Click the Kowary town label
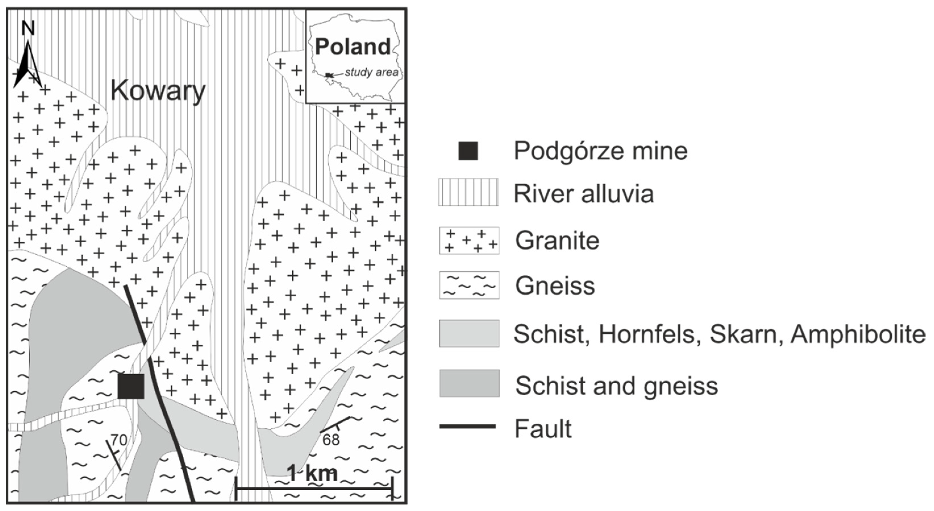[x=158, y=91]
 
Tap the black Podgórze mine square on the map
[x=131, y=386]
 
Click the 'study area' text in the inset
[x=371, y=72]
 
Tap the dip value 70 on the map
[x=119, y=440]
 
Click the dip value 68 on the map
[x=331, y=440]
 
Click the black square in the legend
[x=468, y=151]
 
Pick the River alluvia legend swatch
[x=468, y=192]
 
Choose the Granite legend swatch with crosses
[x=469, y=241]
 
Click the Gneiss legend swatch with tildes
[x=469, y=285]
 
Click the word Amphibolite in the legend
[x=858, y=334]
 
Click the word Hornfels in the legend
[x=651, y=334]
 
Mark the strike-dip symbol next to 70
[x=114, y=455]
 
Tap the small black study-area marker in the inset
[x=328, y=75]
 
